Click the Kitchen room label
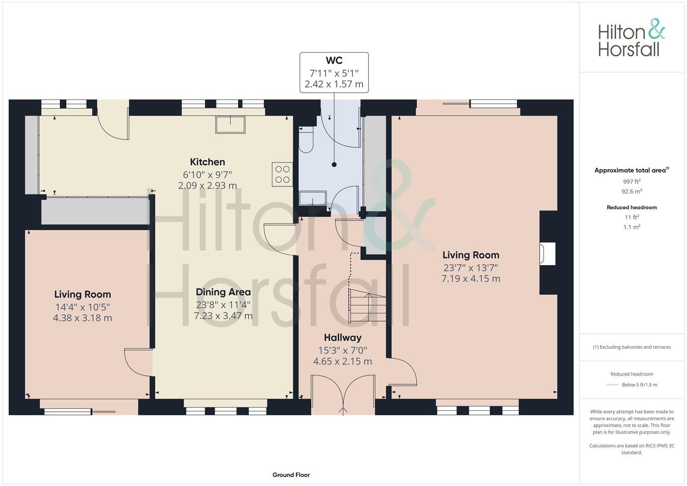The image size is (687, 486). tap(207, 162)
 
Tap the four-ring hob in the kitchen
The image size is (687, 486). tap(282, 174)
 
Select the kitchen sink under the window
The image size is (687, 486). tap(230, 125)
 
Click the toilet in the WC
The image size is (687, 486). tap(306, 139)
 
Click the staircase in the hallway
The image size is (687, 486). tap(368, 306)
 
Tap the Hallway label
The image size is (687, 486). tap(342, 337)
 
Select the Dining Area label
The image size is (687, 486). tap(223, 292)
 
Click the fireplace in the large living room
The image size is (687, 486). tap(548, 254)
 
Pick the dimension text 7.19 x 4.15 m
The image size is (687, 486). tap(471, 279)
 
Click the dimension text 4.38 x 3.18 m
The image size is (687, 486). tap(82, 318)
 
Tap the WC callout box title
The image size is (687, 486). tap(334, 60)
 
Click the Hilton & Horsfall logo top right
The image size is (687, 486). tap(631, 38)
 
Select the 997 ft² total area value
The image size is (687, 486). tap(632, 182)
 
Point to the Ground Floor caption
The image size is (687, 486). tap(291, 475)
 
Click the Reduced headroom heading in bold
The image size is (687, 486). tap(632, 207)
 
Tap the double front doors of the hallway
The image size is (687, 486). tap(343, 395)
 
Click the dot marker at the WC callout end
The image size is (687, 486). tap(334, 165)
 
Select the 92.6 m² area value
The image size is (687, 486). tap(632, 191)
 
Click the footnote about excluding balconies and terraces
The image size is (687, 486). tap(632, 347)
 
